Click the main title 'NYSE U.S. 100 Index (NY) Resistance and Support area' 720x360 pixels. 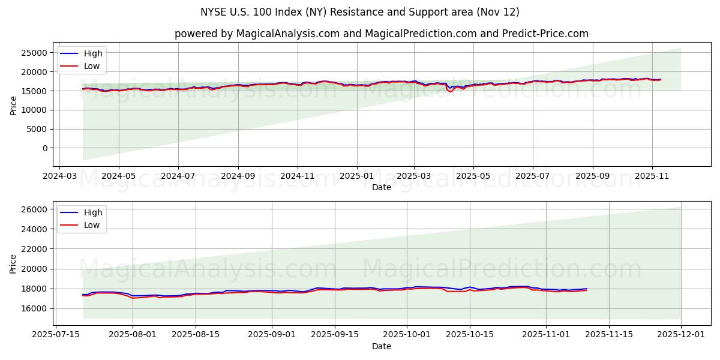click(360, 12)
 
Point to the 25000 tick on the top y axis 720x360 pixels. click(34, 53)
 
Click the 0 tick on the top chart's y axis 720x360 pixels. click(44, 148)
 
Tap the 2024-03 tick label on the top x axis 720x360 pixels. click(59, 177)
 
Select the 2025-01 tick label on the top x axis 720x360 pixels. click(357, 177)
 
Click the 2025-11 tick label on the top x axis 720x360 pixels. click(652, 177)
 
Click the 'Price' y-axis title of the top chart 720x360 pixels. click(14, 105)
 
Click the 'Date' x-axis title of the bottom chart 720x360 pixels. click(382, 346)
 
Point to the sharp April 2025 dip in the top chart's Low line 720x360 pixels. click(450, 91)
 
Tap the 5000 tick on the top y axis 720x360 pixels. click(37, 129)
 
